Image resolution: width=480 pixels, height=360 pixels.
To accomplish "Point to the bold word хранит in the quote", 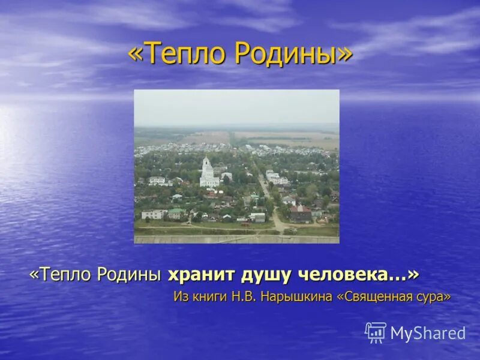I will [x=202, y=275].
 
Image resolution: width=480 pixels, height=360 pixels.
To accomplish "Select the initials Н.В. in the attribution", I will [x=244, y=296].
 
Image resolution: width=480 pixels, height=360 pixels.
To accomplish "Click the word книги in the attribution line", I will [x=209, y=296].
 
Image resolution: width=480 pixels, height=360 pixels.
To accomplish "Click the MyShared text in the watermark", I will [x=428, y=333].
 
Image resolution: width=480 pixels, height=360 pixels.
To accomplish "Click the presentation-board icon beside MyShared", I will [x=376, y=332].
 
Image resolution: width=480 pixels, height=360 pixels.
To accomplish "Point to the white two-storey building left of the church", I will [x=157, y=180].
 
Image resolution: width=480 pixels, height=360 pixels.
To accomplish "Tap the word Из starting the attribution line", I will [x=180, y=296].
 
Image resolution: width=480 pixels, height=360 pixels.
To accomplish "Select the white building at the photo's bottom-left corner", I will [x=151, y=214].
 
